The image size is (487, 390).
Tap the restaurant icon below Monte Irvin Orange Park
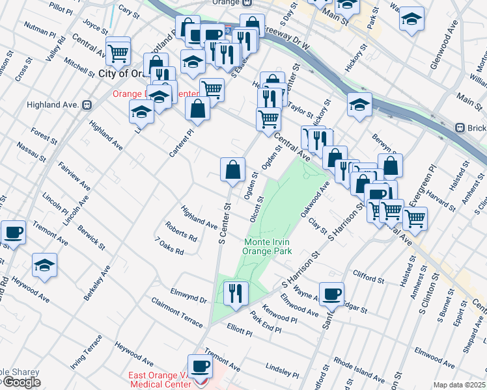click(x=235, y=292)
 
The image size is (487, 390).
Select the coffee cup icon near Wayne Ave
click(x=331, y=292)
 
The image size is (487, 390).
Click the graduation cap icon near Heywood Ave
click(x=44, y=265)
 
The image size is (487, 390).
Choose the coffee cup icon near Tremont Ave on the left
click(x=13, y=231)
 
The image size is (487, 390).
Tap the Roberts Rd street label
click(x=181, y=233)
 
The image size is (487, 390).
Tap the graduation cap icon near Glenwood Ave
click(x=411, y=19)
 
